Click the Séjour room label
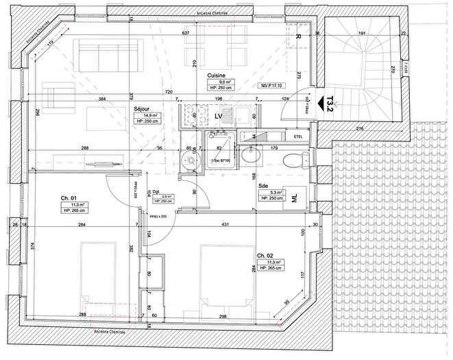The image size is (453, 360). coord(143,109)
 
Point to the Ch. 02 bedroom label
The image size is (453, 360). coord(266,254)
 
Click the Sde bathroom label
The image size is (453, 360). coord(262,185)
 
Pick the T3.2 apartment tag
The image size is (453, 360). coord(330,103)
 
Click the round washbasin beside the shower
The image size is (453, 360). coord(187,161)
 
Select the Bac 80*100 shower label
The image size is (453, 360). coord(219,161)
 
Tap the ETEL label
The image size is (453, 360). coord(298,137)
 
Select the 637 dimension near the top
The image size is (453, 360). coord(184,33)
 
